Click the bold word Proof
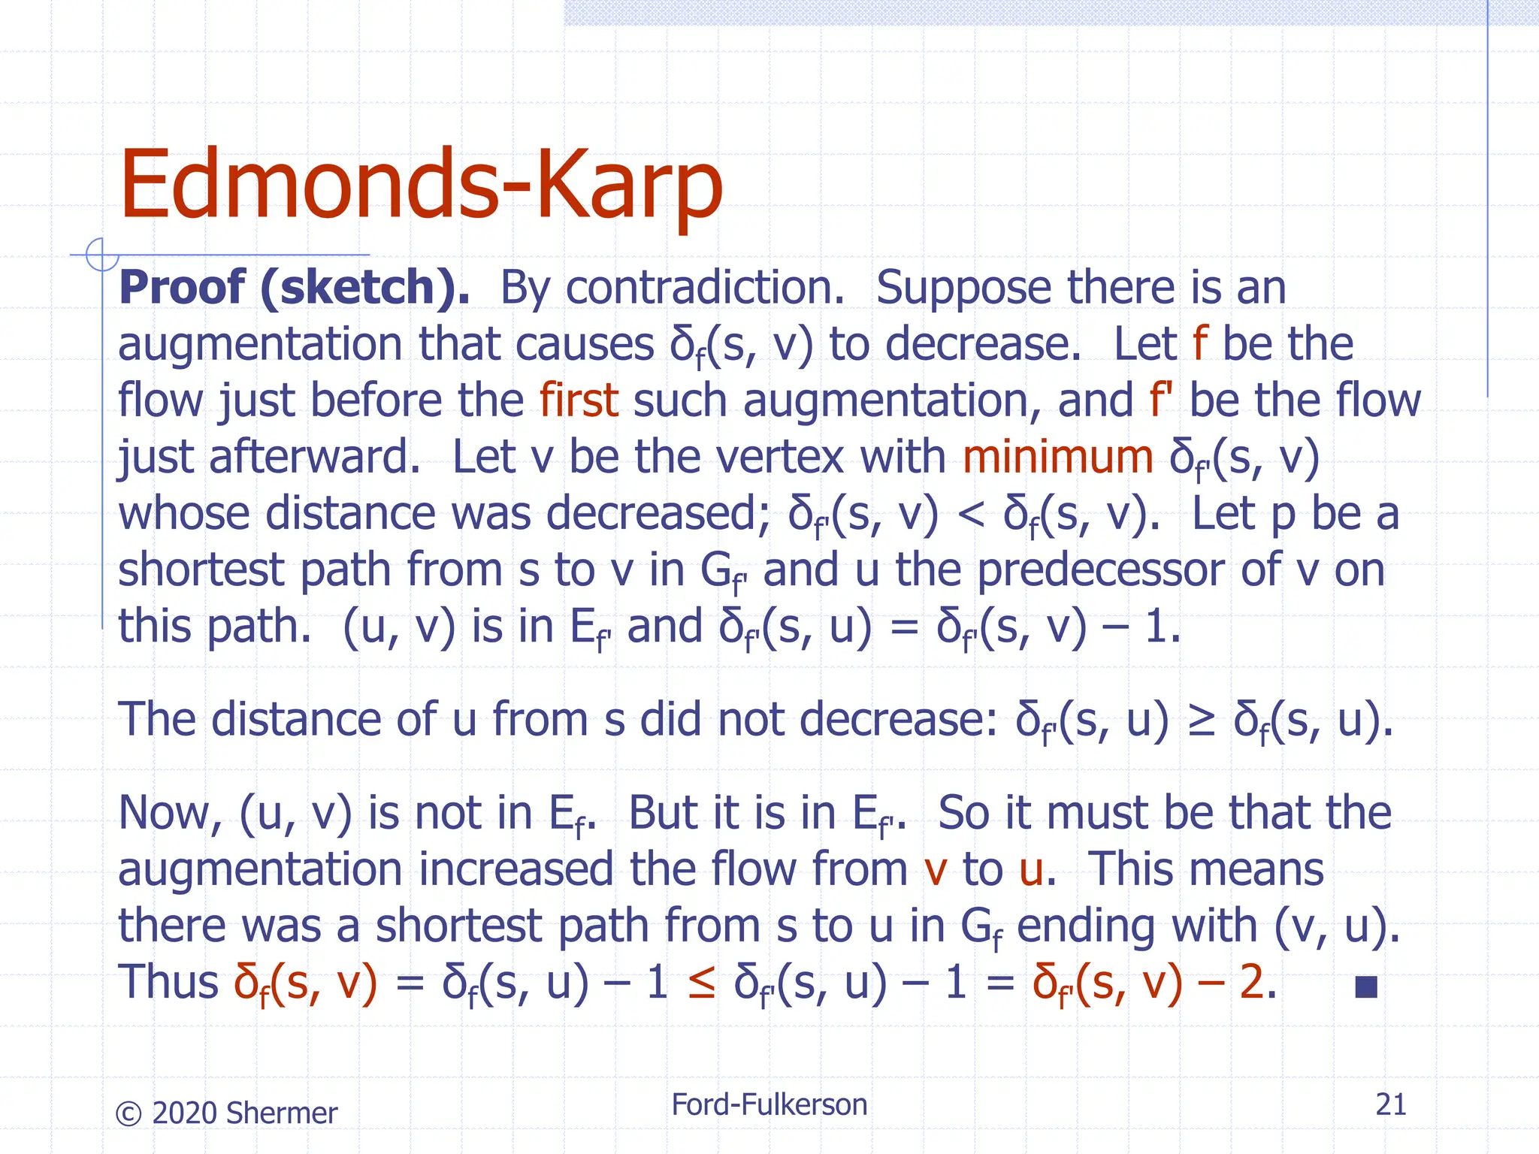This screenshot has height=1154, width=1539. point(181,288)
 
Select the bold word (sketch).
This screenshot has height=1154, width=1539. point(365,288)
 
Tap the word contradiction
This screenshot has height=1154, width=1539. point(705,288)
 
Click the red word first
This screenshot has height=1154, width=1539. point(579,400)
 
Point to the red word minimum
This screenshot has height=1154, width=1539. point(1057,457)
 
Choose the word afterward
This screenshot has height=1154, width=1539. point(314,457)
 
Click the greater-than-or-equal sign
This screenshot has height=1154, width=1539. point(1201,720)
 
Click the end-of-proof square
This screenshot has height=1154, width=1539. point(1365,986)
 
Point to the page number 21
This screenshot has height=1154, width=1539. point(1390,1104)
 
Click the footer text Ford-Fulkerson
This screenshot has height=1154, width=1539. point(769,1104)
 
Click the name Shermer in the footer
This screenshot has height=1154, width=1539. point(281,1113)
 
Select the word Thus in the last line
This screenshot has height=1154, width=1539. point(168,982)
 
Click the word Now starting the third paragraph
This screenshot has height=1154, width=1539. point(170,814)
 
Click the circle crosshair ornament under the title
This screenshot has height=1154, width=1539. point(101,254)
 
